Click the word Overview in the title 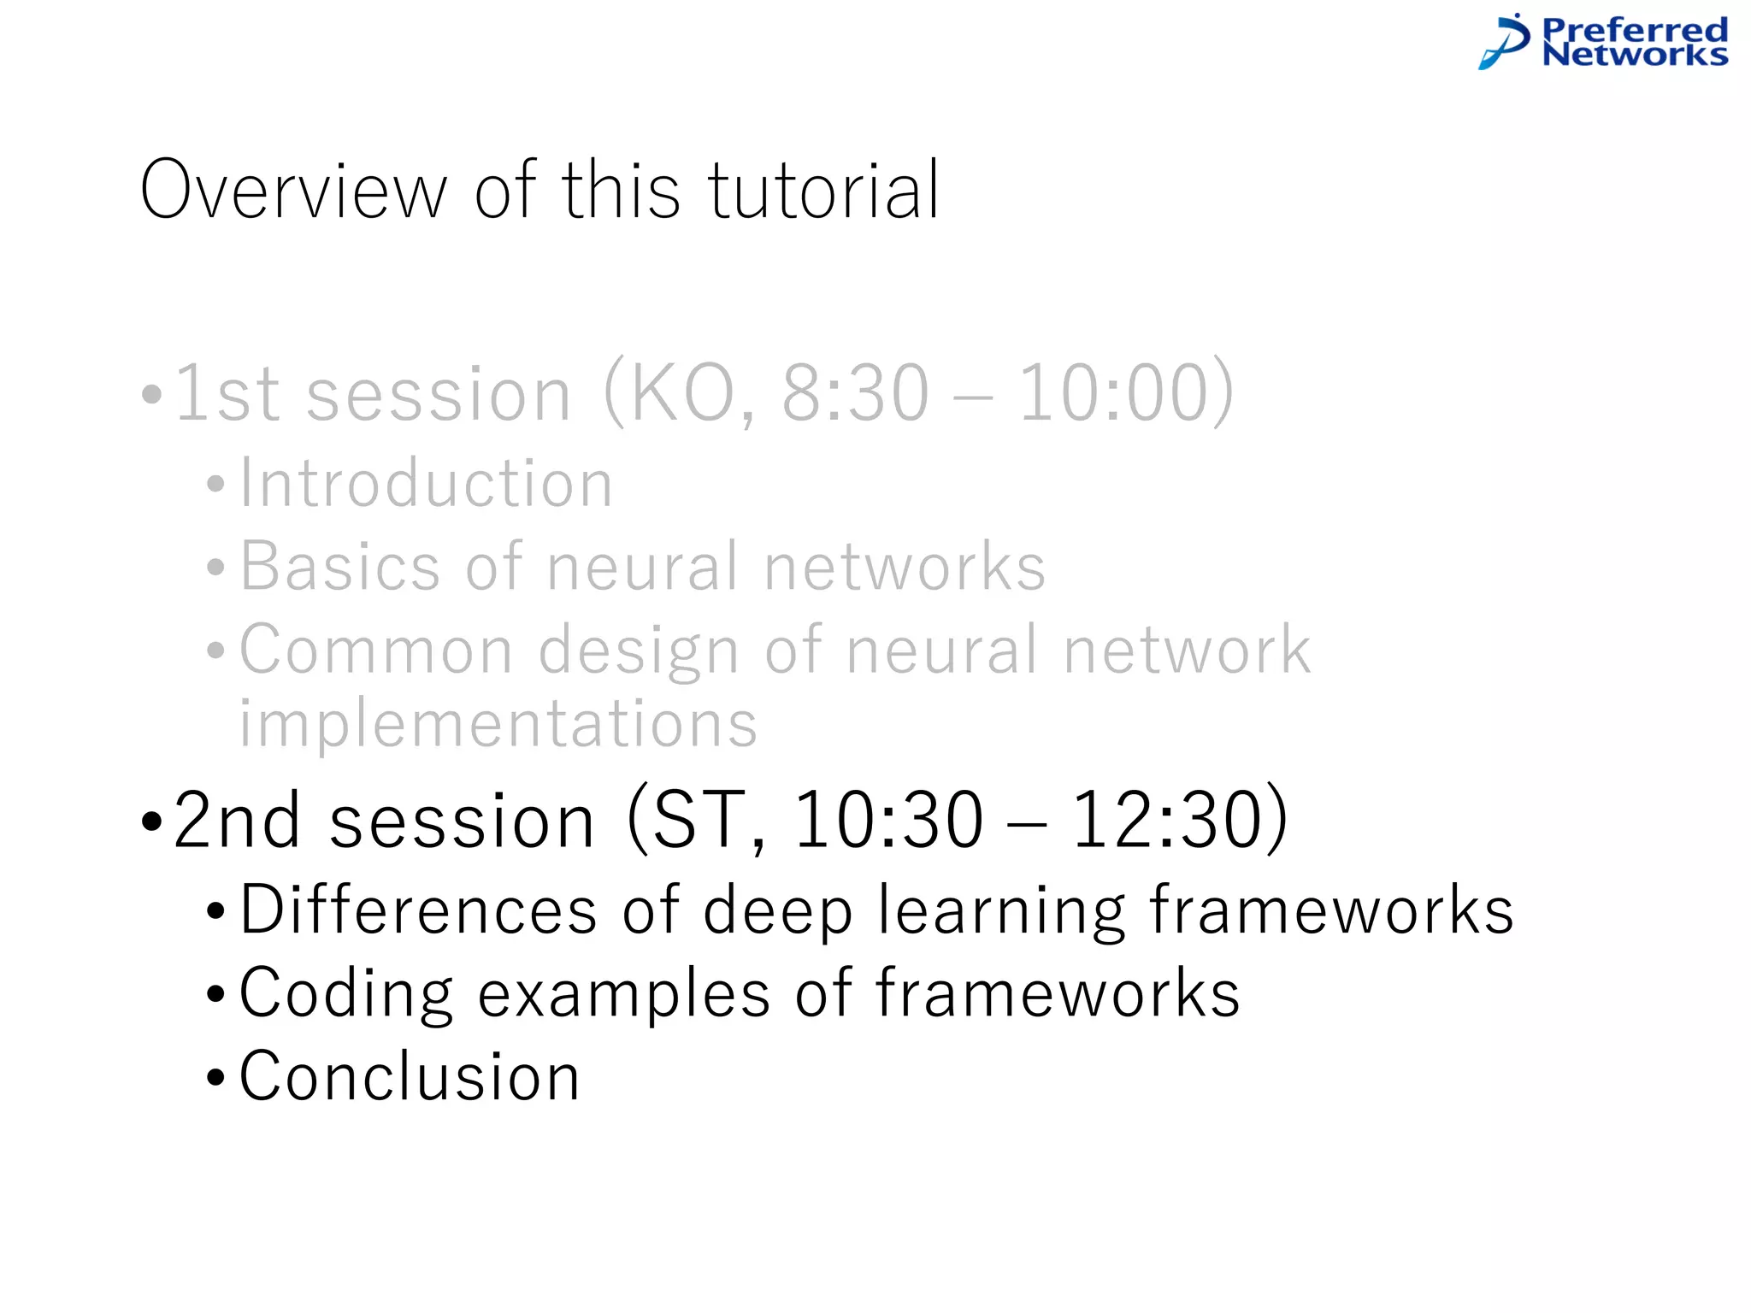point(293,191)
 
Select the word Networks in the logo point(1635,55)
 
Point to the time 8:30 point(856,394)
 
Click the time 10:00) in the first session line point(1127,394)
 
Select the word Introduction point(426,484)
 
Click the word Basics point(339,567)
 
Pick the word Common point(376,651)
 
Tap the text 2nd point(237,821)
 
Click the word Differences point(418,910)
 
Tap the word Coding point(345,994)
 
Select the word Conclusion point(410,1076)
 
